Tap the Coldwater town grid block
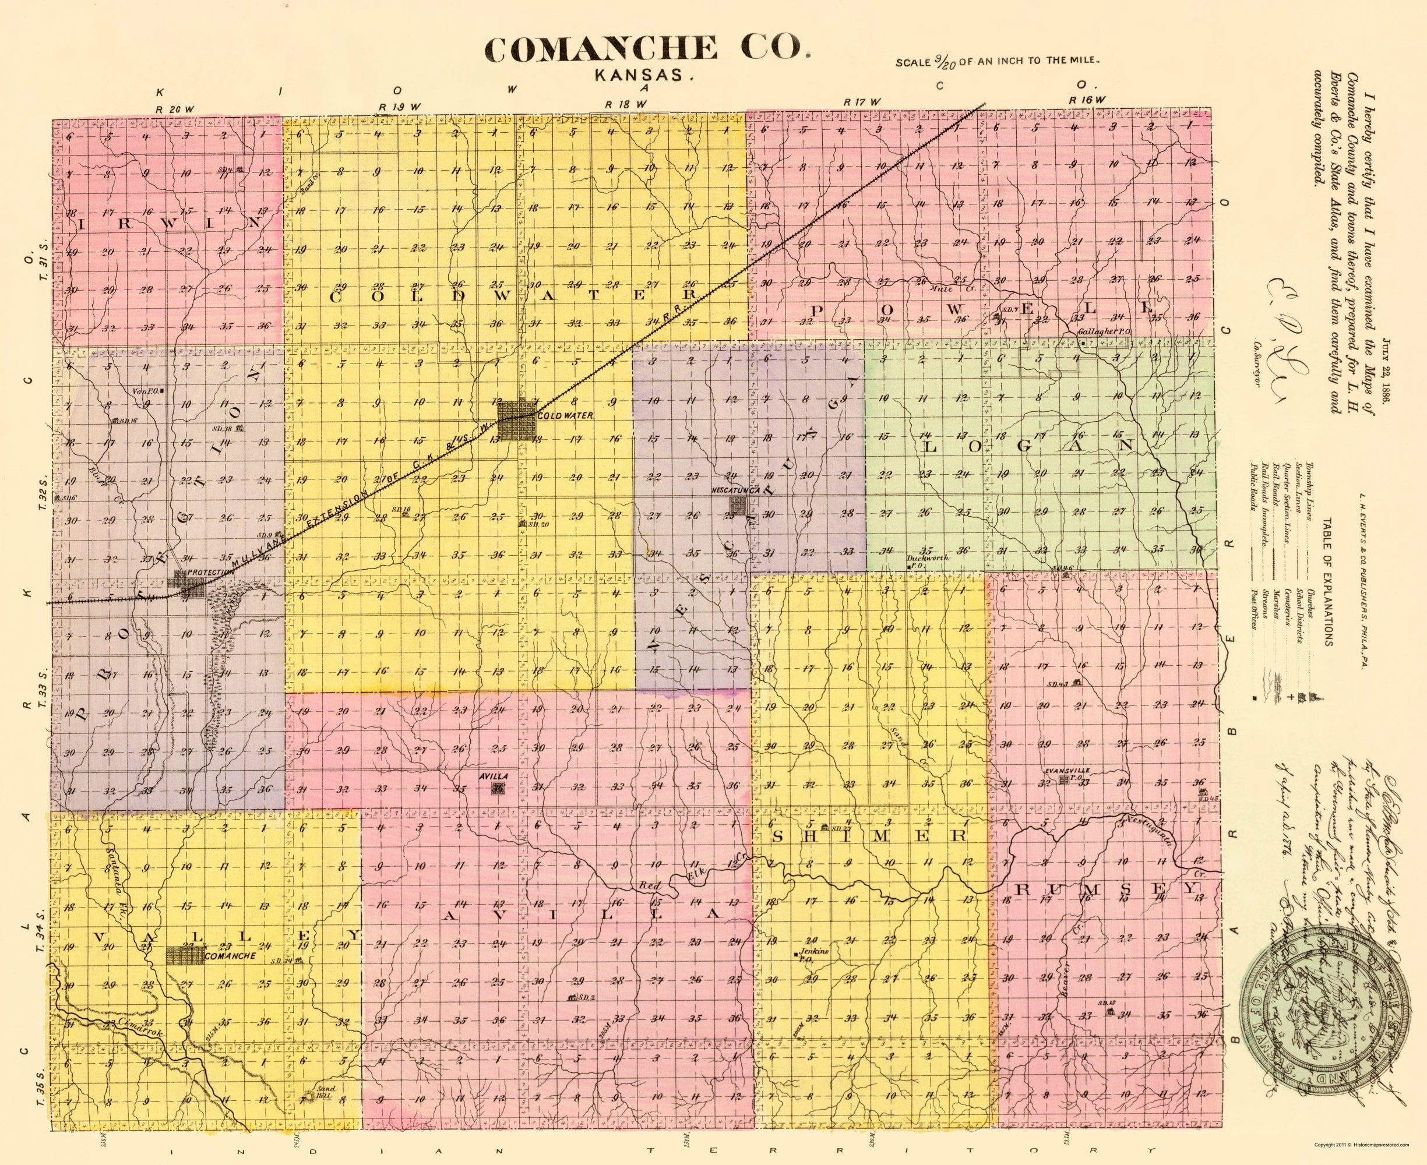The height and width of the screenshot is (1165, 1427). (x=515, y=421)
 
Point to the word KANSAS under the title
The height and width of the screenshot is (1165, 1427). (x=644, y=75)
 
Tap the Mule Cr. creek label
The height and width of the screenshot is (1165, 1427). (x=942, y=290)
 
